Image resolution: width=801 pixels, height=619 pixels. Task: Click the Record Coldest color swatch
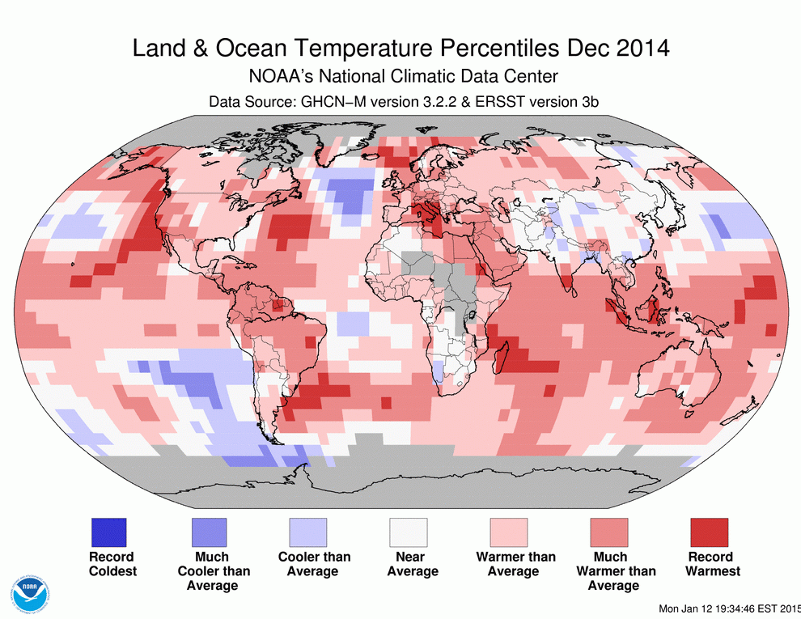[108, 532]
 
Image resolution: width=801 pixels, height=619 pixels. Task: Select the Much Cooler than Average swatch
[209, 532]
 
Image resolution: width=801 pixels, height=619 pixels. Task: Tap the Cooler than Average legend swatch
[308, 532]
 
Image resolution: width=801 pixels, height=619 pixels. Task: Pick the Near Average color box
[408, 532]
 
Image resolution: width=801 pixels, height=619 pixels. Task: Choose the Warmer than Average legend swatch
[509, 532]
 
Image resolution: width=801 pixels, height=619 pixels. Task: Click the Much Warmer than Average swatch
[609, 532]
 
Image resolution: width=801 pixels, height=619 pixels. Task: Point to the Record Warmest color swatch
[709, 532]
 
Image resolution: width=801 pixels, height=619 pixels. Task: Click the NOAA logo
[32, 595]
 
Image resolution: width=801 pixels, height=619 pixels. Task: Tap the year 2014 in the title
[642, 48]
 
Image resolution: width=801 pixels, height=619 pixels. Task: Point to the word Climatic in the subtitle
[423, 77]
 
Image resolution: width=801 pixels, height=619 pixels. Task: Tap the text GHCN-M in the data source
[333, 102]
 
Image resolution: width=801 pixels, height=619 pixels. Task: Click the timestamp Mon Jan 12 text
[693, 608]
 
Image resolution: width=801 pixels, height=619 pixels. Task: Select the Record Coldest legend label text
[113, 564]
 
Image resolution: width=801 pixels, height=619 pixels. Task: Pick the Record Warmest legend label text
[712, 564]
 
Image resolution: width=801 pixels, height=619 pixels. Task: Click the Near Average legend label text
[413, 564]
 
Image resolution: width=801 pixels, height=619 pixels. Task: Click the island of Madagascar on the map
[502, 358]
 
